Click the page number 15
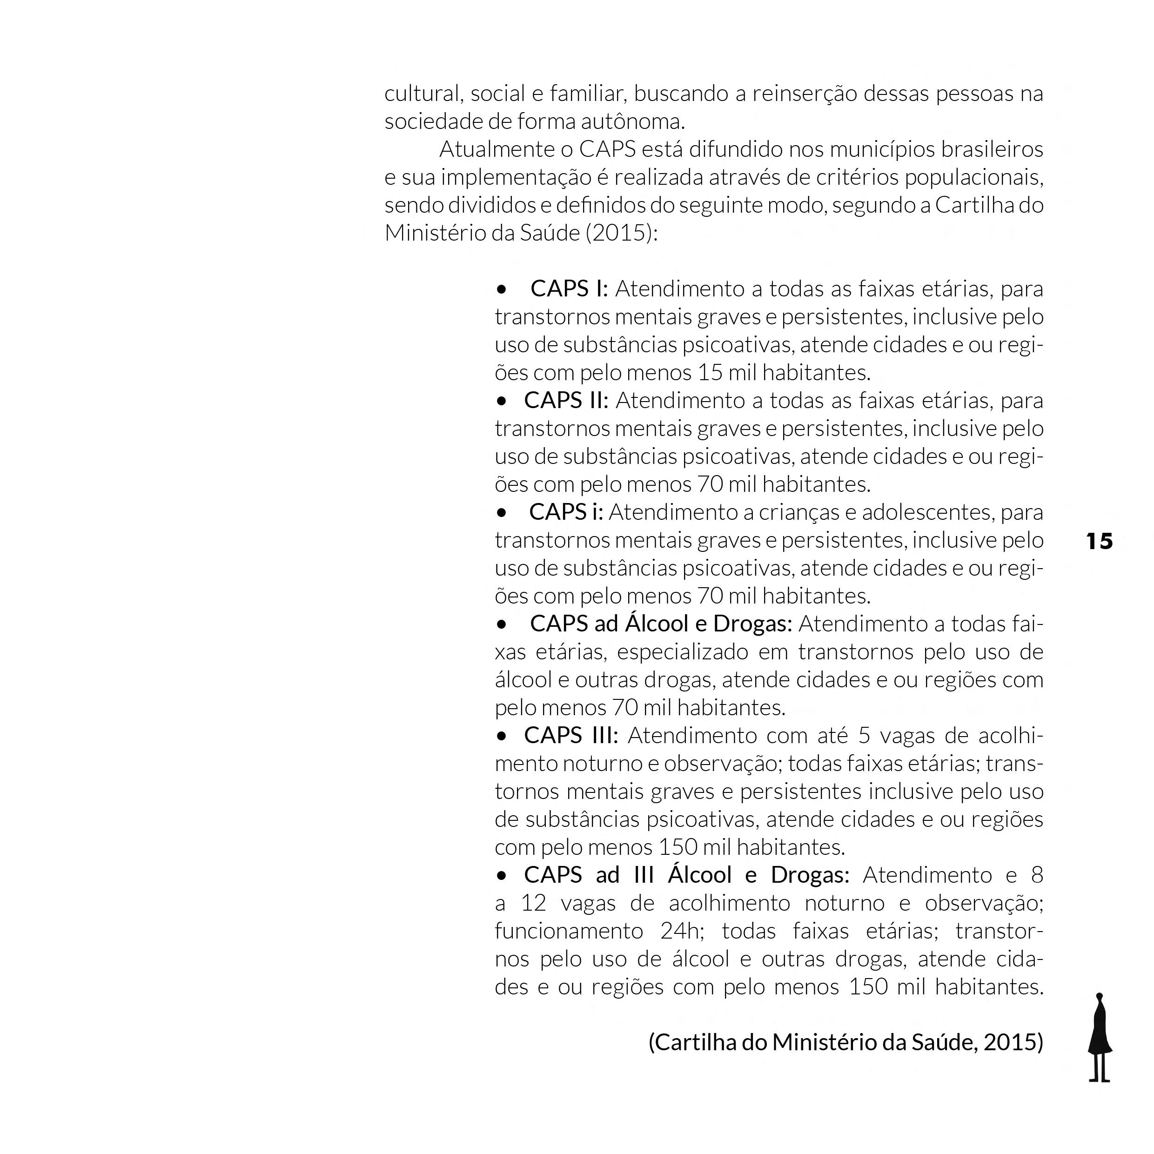pos(1099,541)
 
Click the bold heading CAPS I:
pos(569,289)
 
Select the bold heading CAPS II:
pos(566,401)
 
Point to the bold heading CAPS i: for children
pos(566,512)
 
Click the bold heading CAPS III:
pos(570,736)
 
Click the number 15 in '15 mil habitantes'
pos(710,373)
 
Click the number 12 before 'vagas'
pos(533,903)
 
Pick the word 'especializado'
pos(682,651)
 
